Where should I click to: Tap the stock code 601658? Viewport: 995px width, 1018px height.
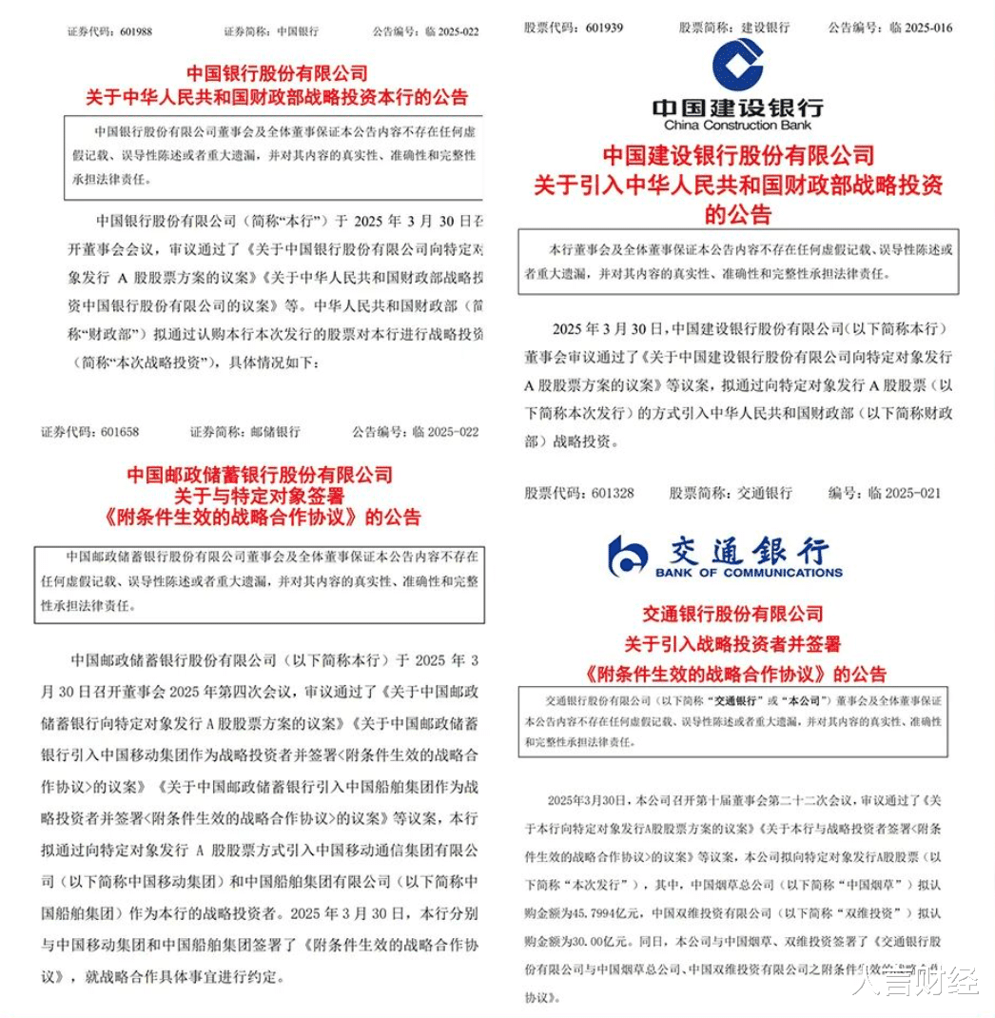pos(117,431)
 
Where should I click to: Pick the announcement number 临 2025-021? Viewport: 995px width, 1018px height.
pos(911,493)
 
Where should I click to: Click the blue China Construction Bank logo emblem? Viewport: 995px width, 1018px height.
pos(737,65)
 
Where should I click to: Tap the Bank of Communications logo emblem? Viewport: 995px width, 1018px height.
pos(628,555)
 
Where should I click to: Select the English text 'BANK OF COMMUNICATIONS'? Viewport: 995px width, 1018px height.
pos(749,573)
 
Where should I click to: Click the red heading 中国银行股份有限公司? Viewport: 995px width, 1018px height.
pos(277,73)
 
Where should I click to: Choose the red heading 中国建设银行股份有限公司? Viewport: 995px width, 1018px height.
pos(738,154)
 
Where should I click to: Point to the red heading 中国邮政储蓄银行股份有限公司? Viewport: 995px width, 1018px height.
pos(259,474)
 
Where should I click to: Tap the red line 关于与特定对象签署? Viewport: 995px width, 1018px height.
pos(259,496)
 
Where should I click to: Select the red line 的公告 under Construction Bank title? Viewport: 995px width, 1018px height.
pos(737,214)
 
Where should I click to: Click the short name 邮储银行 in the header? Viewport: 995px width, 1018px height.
pos(274,431)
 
